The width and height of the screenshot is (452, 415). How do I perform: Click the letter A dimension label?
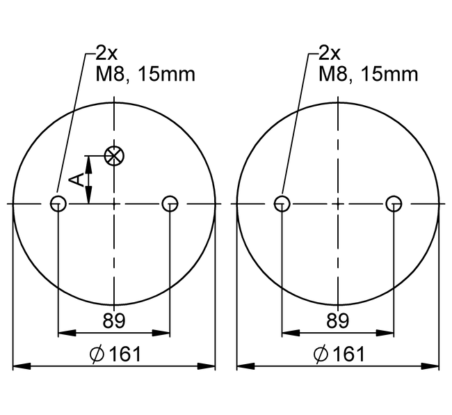79,180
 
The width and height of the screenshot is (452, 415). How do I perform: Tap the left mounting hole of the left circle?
58,203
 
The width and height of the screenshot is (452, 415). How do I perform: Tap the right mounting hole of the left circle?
170,203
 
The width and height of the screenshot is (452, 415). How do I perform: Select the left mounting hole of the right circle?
282,203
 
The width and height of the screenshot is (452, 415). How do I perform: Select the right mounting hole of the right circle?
394,203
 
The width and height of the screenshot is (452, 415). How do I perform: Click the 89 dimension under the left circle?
114,321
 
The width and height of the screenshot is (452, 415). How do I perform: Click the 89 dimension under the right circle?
337,321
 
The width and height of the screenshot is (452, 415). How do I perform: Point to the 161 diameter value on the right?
349,354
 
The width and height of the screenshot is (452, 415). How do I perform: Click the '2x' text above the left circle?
108,54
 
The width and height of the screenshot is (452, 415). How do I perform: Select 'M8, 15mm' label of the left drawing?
145,74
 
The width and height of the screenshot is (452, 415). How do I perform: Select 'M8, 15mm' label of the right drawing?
369,74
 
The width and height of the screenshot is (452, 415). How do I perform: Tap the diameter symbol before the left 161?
97,355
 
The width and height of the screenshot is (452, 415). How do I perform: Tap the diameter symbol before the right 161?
321,355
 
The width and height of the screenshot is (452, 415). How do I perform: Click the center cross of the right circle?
337,203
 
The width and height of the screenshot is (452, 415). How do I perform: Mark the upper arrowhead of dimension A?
88,161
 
